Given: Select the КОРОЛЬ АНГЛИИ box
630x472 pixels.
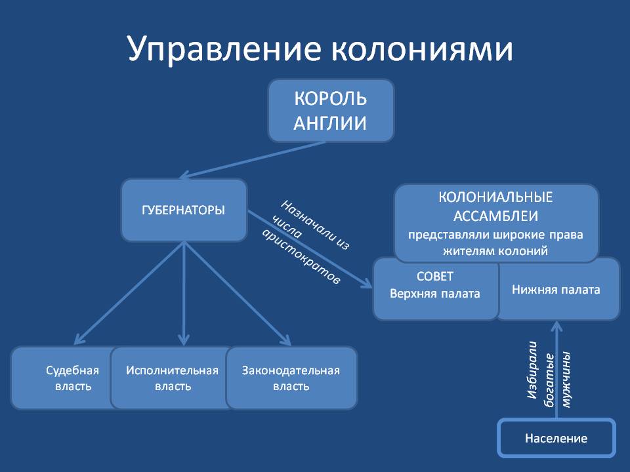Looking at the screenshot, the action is pos(331,110).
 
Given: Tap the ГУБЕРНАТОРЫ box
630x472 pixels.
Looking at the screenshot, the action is pos(184,210).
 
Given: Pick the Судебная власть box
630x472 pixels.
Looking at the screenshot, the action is pos(64,378).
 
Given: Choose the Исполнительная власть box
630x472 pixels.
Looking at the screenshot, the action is pos(172,378).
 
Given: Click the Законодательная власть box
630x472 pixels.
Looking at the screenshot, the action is pos(291,378).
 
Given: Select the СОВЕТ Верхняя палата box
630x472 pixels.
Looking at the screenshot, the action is pos(436,288).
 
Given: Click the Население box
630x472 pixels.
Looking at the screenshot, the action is pos(556,438).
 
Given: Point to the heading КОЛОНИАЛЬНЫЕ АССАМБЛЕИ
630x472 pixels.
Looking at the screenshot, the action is pos(496,206).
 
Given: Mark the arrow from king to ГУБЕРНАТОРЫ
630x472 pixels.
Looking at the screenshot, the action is pos(253,160).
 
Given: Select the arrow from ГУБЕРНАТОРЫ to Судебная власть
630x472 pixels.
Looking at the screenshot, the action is pos(129,293).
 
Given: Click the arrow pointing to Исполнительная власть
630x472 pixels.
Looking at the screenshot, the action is pos(184,294).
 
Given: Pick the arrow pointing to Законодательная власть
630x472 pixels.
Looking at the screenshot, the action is pos(238,294).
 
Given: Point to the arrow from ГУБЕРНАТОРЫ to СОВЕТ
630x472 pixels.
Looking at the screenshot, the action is pos(310,249).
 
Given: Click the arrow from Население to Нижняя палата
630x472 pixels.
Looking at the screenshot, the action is pos(556,370).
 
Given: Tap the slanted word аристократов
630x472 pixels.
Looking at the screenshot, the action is pos(302,257).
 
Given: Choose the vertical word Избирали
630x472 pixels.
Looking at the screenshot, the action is pos(532,370).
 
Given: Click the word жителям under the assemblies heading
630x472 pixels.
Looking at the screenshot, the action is pos(461,252).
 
